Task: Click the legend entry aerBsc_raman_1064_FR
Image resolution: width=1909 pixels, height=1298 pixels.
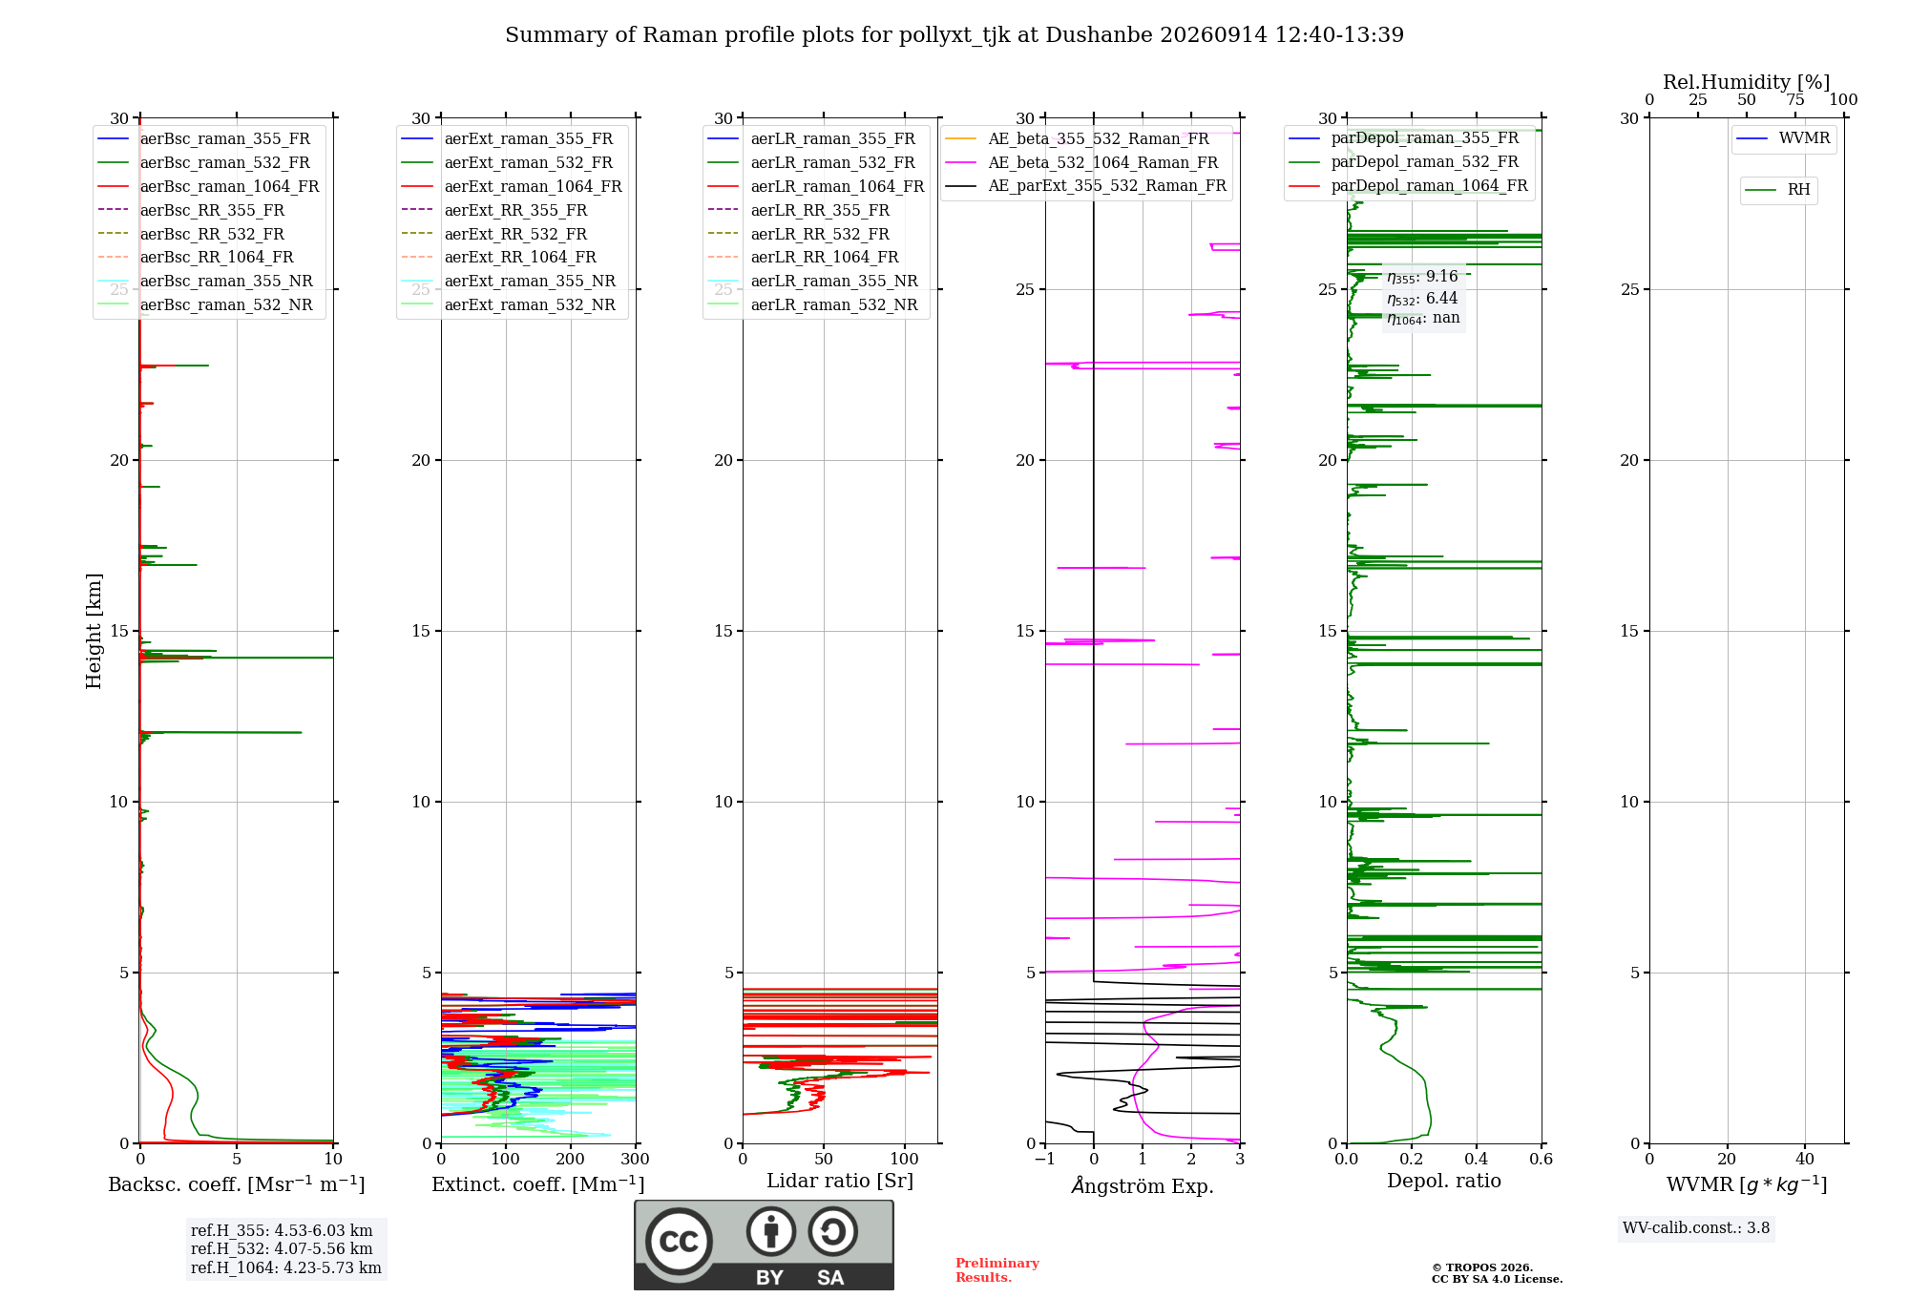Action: point(208,186)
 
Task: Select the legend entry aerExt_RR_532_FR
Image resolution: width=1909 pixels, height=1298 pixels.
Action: point(493,234)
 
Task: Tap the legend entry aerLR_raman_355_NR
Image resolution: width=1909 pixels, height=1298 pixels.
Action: point(812,281)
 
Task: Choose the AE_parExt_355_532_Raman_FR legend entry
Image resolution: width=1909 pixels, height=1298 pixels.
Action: point(1085,185)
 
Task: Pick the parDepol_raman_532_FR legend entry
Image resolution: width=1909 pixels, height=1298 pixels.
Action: point(1403,161)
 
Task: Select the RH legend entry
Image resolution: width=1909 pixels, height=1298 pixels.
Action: point(1777,190)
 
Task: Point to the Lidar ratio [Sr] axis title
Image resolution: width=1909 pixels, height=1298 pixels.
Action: point(840,1181)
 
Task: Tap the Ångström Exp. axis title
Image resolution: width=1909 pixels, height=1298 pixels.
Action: point(1143,1185)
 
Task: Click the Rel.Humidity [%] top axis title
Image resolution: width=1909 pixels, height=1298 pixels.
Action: point(1747,82)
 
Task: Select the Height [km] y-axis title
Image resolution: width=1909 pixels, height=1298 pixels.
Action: point(94,631)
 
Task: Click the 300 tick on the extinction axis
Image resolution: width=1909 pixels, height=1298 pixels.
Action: point(636,1159)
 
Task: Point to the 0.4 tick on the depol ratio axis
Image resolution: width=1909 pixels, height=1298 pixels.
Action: point(1477,1159)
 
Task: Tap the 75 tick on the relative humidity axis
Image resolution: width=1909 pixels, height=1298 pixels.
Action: point(1795,100)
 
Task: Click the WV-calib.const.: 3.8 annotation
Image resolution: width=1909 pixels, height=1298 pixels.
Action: point(1696,1228)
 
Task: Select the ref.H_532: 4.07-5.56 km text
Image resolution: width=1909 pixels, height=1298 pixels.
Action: point(282,1248)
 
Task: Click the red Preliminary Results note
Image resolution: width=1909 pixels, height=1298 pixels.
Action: point(997,1270)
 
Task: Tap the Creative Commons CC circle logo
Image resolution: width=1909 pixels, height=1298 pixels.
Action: point(679,1242)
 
